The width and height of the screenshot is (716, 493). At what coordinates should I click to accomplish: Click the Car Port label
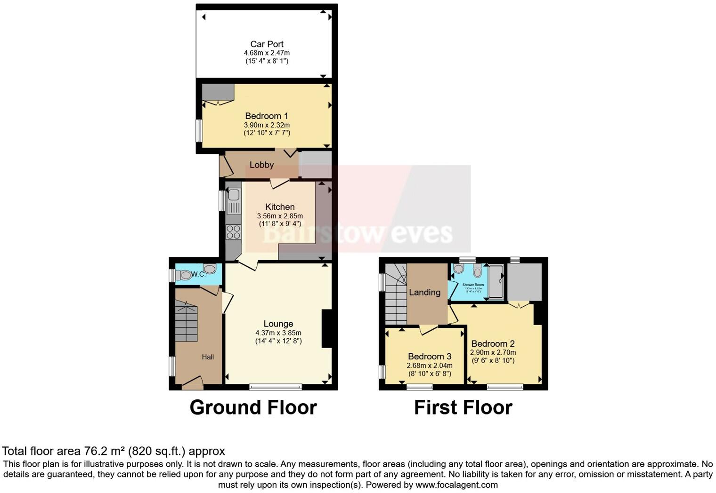point(267,44)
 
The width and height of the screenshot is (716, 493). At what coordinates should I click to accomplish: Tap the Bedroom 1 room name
point(267,116)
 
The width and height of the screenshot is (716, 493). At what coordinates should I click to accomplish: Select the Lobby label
point(261,165)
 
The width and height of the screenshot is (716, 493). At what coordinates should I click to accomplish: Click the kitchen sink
point(234,194)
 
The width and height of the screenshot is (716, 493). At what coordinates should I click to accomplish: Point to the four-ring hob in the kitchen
point(233,232)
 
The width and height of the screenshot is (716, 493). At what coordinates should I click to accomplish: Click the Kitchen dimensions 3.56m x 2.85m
point(280,216)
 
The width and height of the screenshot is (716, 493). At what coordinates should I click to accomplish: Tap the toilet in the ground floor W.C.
point(184,275)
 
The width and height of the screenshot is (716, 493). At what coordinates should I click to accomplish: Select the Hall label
point(208,357)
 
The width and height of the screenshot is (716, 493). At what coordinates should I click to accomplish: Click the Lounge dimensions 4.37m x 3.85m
point(278,333)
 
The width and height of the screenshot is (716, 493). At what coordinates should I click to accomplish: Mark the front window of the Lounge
point(276,387)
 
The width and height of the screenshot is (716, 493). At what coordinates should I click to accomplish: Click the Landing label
point(424,292)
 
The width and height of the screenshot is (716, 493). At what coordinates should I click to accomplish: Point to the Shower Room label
point(473,285)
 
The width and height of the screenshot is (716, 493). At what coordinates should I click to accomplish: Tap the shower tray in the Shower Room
point(496,282)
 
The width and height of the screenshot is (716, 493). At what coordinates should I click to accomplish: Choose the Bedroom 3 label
point(430,357)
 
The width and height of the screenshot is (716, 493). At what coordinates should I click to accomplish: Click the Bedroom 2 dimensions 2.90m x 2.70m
point(493,352)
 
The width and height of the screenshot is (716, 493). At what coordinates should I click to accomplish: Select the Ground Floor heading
point(253,407)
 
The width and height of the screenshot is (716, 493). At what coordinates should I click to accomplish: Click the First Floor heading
point(463,407)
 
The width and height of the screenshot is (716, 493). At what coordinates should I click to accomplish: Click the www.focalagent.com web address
point(456,485)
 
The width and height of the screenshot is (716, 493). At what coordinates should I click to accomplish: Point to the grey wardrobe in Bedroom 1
point(218,92)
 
